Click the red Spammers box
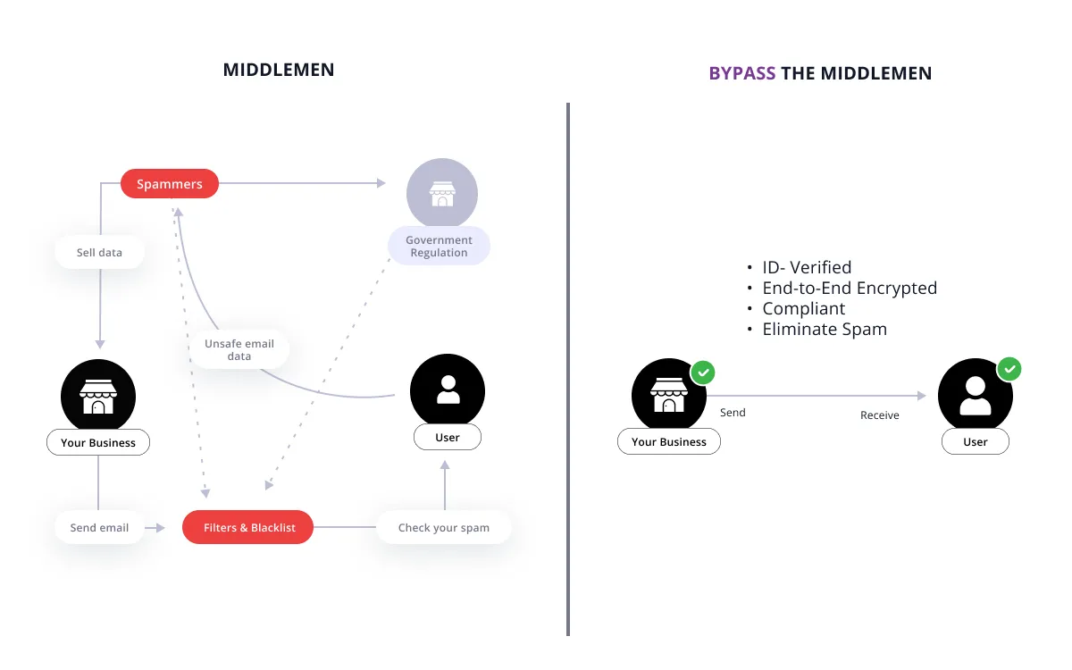click(170, 184)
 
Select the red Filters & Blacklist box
click(248, 527)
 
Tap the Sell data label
click(99, 252)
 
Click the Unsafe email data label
click(239, 349)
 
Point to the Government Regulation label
click(439, 246)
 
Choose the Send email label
click(99, 527)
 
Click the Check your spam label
click(444, 527)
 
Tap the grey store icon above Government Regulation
click(442, 193)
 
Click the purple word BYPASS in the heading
click(741, 73)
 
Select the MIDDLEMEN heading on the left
click(279, 70)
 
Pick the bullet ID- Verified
click(807, 267)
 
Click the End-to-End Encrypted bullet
click(850, 288)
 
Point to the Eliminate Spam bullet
click(825, 330)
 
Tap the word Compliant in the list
click(803, 309)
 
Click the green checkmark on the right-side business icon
click(703, 373)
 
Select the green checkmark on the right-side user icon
click(1009, 369)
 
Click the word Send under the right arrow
click(733, 413)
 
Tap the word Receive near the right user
click(880, 415)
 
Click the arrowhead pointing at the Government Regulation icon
click(381, 183)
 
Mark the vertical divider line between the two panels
click(568, 369)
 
